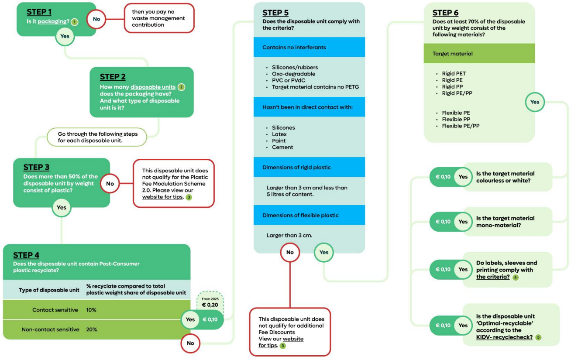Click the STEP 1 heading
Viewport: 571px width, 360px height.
[x=39, y=12]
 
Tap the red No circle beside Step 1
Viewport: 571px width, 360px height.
[x=96, y=19]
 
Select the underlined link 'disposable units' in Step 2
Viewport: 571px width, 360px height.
[x=153, y=87]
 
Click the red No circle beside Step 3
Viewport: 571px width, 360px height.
[x=110, y=183]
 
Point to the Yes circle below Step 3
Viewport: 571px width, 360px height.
[x=62, y=207]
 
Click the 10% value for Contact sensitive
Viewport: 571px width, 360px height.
[x=91, y=310]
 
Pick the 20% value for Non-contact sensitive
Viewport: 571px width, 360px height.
[x=92, y=329]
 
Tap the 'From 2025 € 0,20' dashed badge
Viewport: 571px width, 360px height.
[x=210, y=302]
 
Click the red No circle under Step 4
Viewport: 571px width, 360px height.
[x=190, y=343]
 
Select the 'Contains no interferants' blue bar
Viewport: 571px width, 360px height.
[x=309, y=47]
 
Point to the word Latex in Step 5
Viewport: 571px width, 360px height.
[x=279, y=134]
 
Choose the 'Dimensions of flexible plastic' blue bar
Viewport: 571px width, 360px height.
[x=309, y=215]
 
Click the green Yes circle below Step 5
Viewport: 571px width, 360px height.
[x=324, y=252]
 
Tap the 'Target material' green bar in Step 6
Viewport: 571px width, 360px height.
[x=479, y=54]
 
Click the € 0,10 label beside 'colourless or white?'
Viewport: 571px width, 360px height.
[x=443, y=177]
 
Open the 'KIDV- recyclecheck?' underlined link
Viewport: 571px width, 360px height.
[x=504, y=337]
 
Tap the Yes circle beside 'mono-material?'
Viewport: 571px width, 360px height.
[x=463, y=222]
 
